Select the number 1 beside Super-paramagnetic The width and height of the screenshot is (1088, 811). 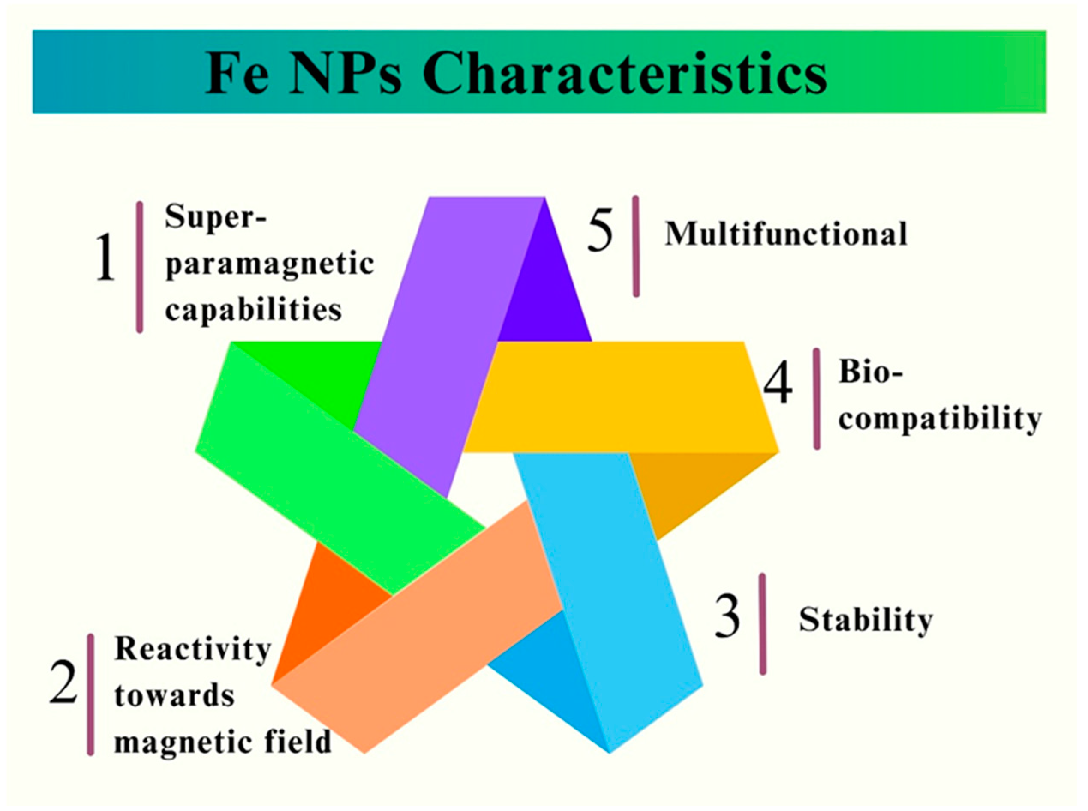click(105, 257)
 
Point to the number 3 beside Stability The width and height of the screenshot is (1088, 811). click(727, 616)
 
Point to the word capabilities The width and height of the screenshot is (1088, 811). click(253, 310)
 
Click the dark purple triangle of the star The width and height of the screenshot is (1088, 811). click(545, 294)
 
